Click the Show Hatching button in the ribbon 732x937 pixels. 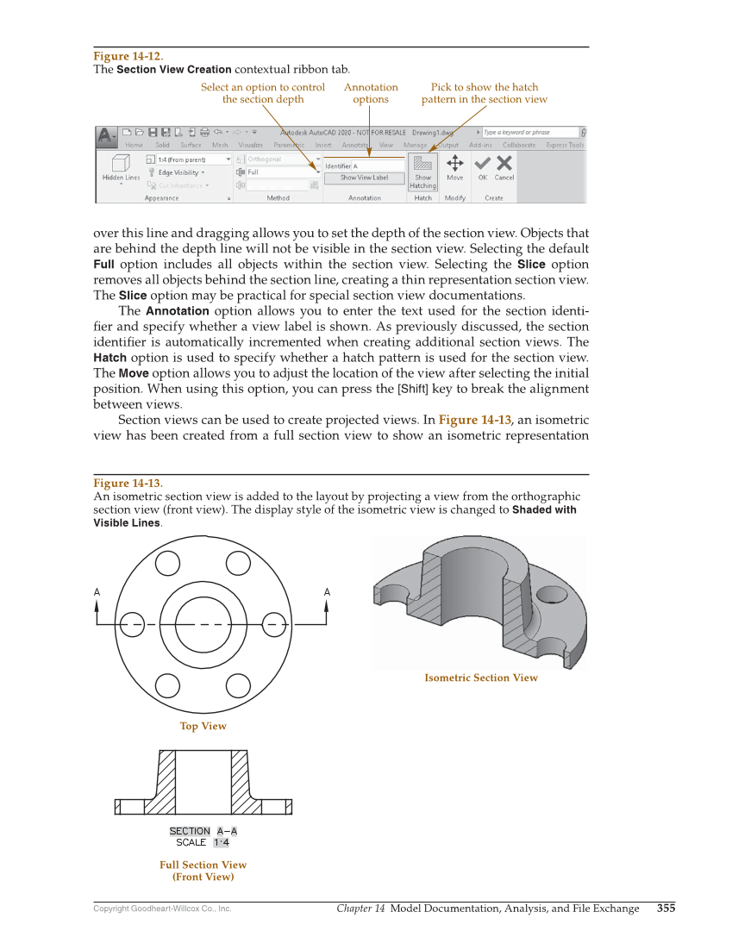tap(422, 171)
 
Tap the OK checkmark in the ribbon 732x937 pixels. tap(483, 165)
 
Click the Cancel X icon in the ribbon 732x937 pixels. tap(504, 165)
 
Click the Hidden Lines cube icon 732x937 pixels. tap(121, 163)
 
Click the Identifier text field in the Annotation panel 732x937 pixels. tap(363, 166)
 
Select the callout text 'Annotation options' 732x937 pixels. tap(371, 93)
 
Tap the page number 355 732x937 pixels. tap(666, 908)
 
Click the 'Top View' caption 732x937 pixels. tap(203, 726)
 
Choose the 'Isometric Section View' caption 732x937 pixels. tap(480, 678)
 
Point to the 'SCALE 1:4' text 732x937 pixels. tap(203, 843)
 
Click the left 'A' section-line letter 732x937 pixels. tap(97, 592)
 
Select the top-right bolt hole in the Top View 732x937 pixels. tap(238, 562)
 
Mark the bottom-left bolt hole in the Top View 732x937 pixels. tap(168, 684)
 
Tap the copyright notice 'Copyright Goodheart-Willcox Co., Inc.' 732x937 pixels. tap(162, 909)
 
